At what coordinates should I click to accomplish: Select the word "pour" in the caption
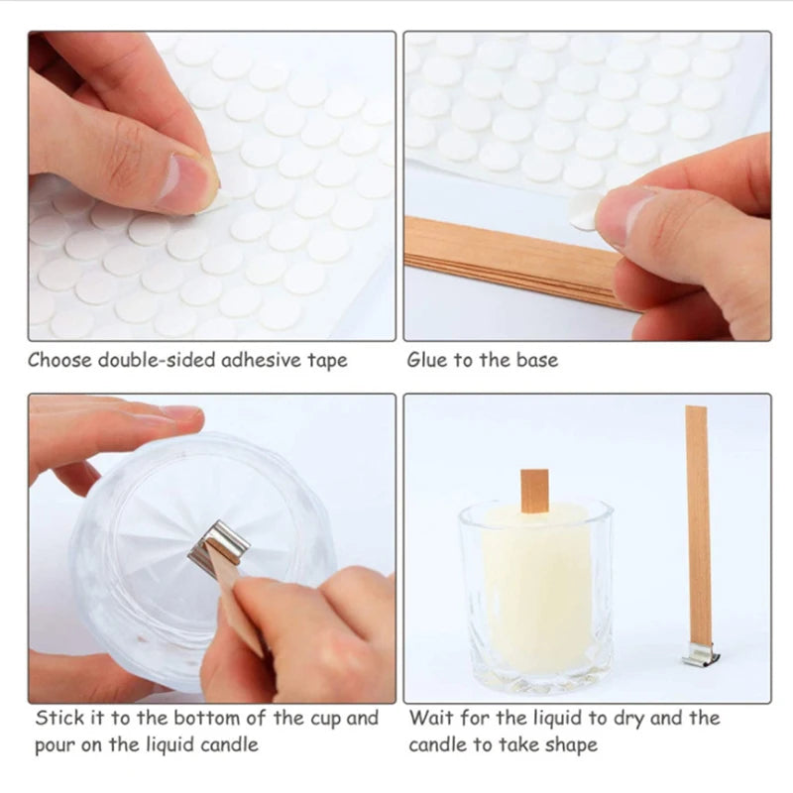(56, 745)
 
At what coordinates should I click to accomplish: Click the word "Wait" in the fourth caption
(431, 718)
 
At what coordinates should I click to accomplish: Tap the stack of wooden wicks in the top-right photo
(506, 260)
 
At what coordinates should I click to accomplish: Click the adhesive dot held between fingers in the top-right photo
(586, 209)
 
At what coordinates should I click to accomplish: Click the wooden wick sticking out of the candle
(534, 491)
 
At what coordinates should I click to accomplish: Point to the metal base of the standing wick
(698, 655)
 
